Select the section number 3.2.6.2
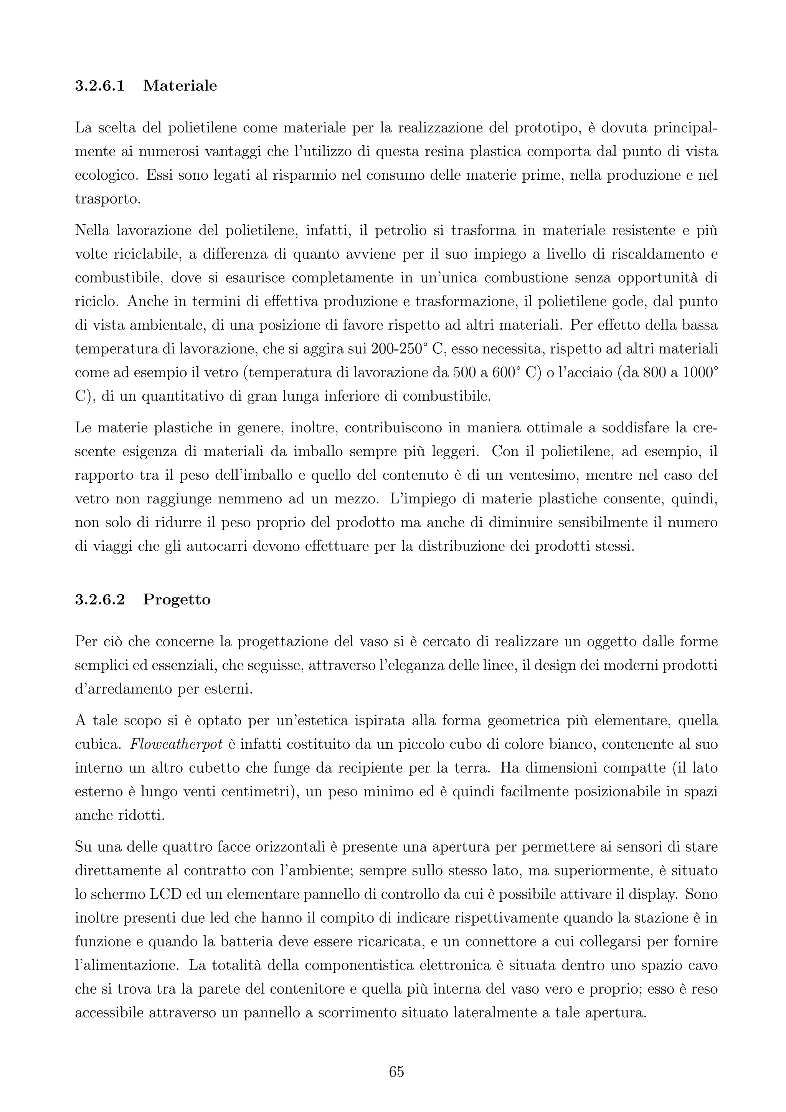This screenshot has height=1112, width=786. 100,600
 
